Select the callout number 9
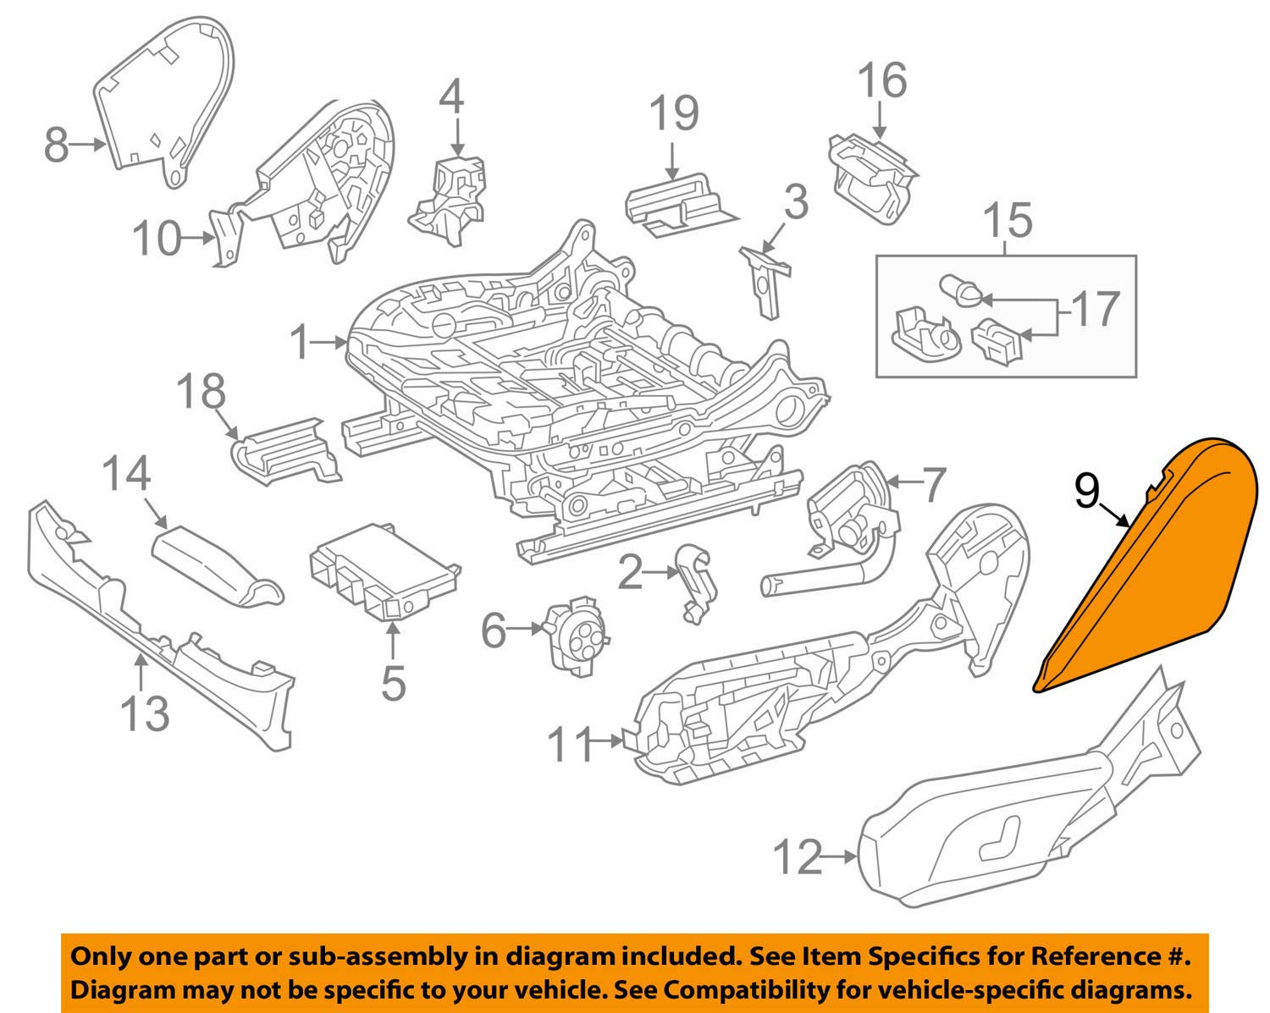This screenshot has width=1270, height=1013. [1087, 492]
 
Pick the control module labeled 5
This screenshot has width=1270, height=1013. [385, 569]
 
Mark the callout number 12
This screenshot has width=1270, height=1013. [798, 858]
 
